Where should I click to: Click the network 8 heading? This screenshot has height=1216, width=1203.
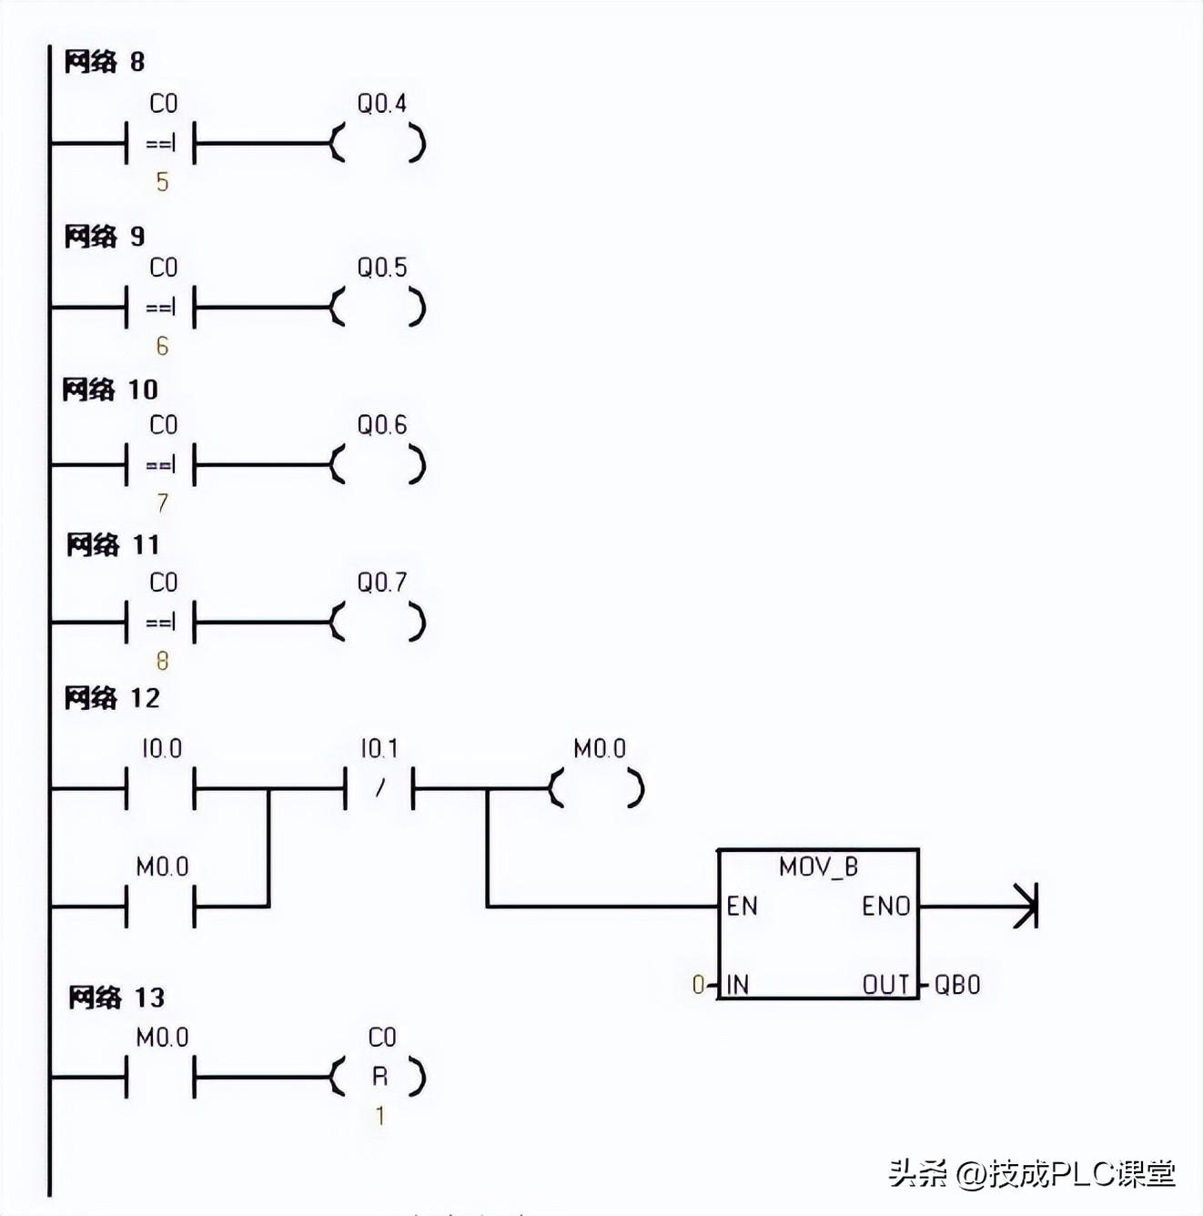[104, 62]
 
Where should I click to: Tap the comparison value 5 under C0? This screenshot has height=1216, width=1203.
[162, 182]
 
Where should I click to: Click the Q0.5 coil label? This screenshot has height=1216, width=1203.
[381, 268]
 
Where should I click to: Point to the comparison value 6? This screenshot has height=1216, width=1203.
[162, 346]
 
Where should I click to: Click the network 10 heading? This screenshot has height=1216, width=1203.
[110, 390]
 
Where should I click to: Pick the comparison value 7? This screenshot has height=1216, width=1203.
[162, 502]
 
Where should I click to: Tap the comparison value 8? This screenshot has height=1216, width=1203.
[162, 661]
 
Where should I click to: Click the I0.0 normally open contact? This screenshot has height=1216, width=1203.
[160, 788]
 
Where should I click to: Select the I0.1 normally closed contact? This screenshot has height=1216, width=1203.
[379, 788]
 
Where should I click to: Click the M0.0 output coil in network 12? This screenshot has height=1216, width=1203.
[598, 788]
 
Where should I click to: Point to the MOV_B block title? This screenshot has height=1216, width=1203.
[818, 866]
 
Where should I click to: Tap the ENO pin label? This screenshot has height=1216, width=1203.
[885, 907]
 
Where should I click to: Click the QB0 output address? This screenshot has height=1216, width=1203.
[957, 985]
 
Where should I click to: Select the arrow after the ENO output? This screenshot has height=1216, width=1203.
[1025, 906]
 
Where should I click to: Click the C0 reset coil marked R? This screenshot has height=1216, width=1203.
[379, 1078]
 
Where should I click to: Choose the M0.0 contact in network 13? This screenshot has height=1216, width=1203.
[160, 1078]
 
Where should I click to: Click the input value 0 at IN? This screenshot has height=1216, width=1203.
[698, 985]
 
